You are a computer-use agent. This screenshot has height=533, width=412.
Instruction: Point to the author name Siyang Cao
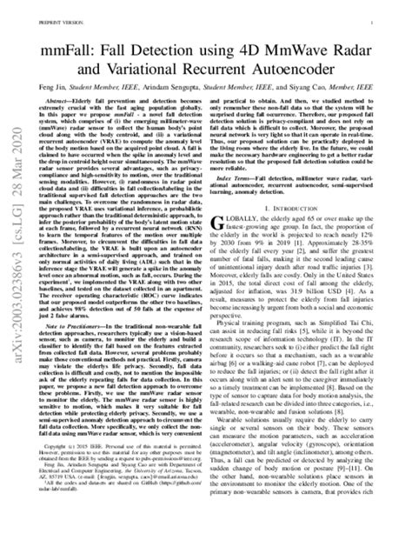tap(330, 88)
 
